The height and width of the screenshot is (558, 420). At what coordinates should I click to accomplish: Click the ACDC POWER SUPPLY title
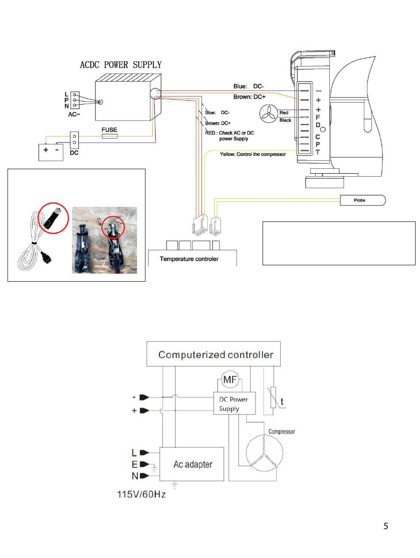pyautogui.click(x=121, y=65)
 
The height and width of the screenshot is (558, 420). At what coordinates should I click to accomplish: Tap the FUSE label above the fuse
pyautogui.click(x=109, y=130)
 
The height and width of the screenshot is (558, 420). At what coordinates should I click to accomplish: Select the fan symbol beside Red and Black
pyautogui.click(x=268, y=114)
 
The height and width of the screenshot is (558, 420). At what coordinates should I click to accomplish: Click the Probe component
pyautogui.click(x=362, y=200)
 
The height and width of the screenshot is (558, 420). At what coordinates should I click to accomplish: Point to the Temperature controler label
pyautogui.click(x=189, y=259)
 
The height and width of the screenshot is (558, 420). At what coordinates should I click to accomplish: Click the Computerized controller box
pyautogui.click(x=213, y=353)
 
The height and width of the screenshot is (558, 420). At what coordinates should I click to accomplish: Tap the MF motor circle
pyautogui.click(x=229, y=380)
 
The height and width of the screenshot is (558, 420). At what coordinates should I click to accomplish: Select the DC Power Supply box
pyautogui.click(x=234, y=403)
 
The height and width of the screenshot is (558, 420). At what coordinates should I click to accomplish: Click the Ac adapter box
pyautogui.click(x=191, y=464)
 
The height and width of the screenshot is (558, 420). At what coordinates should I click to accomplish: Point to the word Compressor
pyautogui.click(x=282, y=432)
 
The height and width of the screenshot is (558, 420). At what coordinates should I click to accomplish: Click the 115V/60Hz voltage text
pyautogui.click(x=141, y=494)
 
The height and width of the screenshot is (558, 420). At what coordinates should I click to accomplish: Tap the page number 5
pyautogui.click(x=386, y=526)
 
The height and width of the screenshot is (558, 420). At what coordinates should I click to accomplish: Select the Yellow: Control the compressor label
pyautogui.click(x=252, y=154)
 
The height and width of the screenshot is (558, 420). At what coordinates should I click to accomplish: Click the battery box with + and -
pyautogui.click(x=50, y=152)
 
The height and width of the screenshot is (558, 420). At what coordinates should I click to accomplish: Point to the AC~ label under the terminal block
pyautogui.click(x=74, y=114)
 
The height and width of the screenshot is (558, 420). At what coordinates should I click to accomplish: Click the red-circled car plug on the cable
pyautogui.click(x=52, y=218)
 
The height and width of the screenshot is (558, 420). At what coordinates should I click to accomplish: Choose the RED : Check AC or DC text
pyautogui.click(x=229, y=133)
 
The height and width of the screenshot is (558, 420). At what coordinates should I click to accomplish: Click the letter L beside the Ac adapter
pyautogui.click(x=134, y=453)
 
